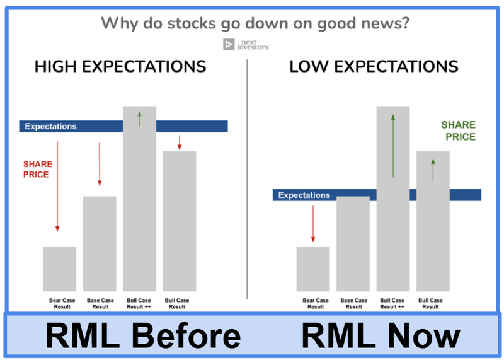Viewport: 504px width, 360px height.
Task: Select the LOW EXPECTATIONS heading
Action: click(374, 67)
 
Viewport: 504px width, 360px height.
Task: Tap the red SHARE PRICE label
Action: click(37, 169)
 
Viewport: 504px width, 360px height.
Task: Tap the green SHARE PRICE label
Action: click(458, 131)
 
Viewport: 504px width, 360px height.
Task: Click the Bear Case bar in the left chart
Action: click(60, 268)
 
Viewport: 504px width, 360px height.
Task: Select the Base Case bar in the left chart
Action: click(100, 243)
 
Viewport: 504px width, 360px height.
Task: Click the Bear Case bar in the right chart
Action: click(313, 268)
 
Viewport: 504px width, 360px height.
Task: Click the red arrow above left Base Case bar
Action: click(99, 164)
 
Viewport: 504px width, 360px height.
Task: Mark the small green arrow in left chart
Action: click(139, 118)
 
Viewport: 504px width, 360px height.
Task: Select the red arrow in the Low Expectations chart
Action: click(313, 224)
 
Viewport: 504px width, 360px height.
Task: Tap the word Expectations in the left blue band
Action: click(50, 127)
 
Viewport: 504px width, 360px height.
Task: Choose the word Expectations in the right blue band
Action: click(304, 195)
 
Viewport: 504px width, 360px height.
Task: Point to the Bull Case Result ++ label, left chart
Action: click(139, 303)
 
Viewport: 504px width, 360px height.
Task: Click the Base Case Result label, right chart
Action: click(353, 303)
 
